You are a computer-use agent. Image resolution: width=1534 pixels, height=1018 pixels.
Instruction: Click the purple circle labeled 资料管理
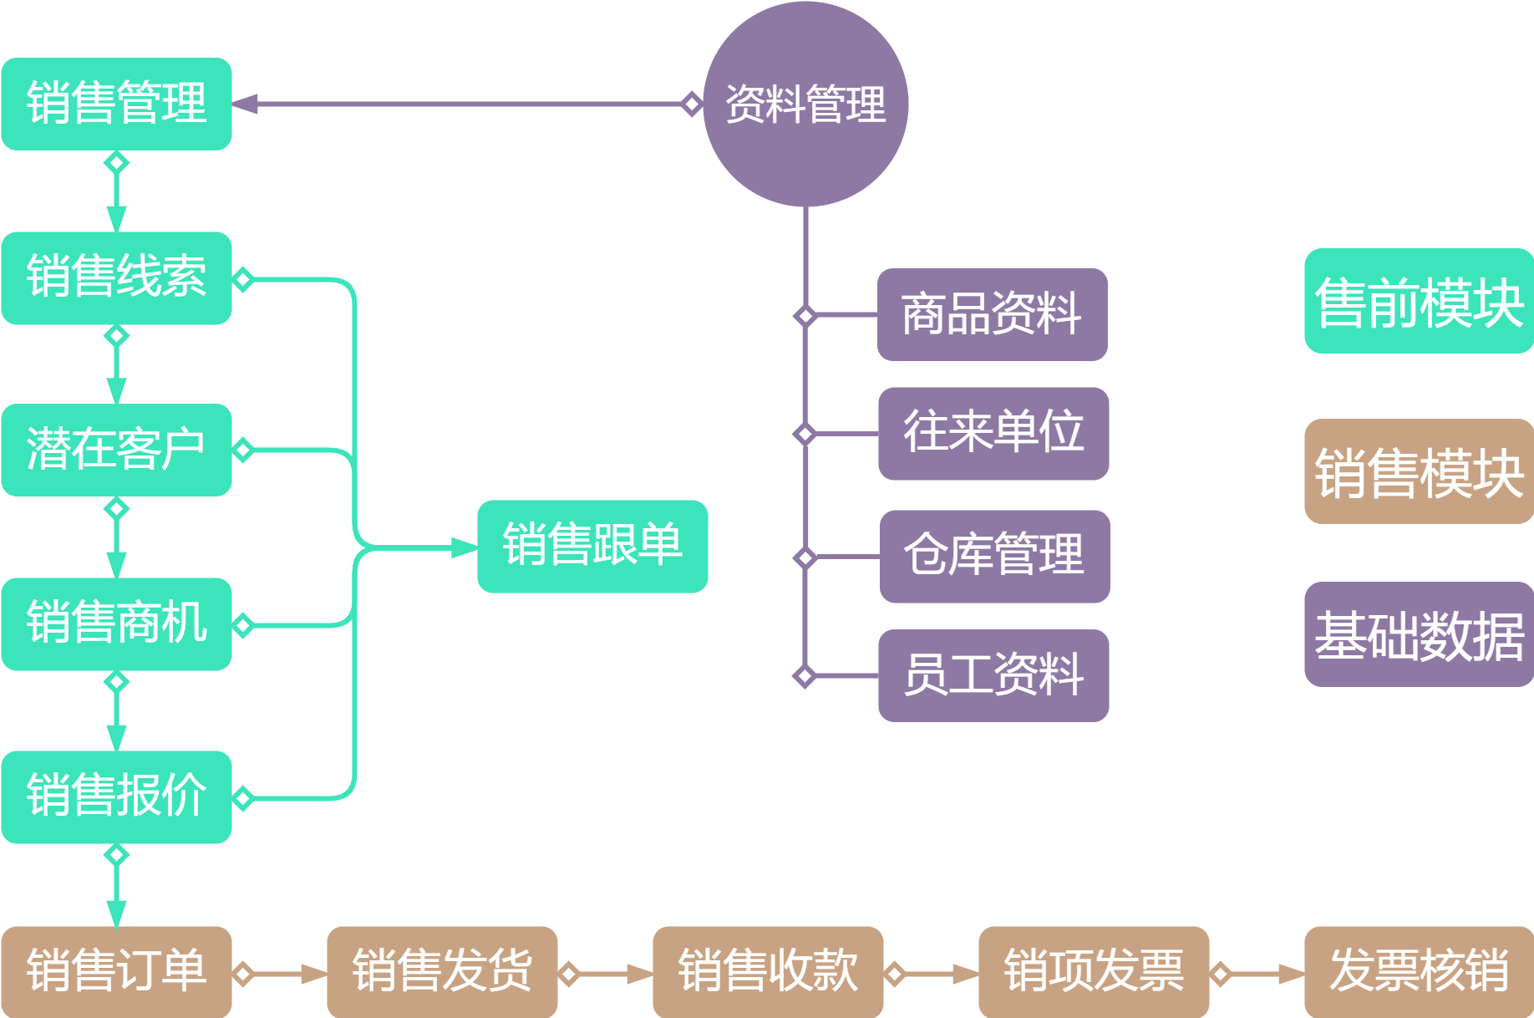click(x=805, y=104)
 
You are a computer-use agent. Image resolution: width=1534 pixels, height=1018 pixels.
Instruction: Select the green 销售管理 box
click(x=116, y=104)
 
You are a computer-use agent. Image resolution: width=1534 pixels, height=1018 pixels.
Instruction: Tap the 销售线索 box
click(x=116, y=277)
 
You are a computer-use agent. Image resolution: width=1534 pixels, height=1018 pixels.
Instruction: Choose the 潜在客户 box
click(x=116, y=450)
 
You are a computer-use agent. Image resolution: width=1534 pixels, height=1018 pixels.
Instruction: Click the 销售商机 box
click(x=116, y=624)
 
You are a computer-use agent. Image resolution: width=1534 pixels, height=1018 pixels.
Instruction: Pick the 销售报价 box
click(x=116, y=797)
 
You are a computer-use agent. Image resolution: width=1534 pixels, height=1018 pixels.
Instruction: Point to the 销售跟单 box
click(x=592, y=546)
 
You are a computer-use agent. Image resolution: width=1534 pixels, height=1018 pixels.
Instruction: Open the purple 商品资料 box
click(x=992, y=314)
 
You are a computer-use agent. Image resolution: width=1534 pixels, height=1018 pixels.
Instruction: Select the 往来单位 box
click(x=993, y=433)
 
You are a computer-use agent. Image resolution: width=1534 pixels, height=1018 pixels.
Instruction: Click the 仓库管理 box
click(x=994, y=556)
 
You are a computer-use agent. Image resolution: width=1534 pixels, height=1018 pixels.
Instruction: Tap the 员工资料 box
click(x=993, y=675)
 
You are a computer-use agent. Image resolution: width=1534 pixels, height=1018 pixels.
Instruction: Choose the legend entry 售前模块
click(x=1418, y=301)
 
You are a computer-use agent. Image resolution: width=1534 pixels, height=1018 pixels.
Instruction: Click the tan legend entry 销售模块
click(x=1418, y=471)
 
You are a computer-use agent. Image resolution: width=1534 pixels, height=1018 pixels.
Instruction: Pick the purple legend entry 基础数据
click(x=1418, y=634)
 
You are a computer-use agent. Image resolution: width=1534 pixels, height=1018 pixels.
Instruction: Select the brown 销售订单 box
click(x=116, y=971)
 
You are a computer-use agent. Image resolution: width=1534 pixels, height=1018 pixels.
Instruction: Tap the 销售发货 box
click(x=442, y=971)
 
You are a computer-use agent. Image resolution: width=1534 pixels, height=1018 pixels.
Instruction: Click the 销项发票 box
click(x=1094, y=971)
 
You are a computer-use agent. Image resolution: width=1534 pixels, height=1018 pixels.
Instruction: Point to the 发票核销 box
click(x=1418, y=971)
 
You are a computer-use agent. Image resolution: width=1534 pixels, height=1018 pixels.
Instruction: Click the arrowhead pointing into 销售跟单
click(x=465, y=547)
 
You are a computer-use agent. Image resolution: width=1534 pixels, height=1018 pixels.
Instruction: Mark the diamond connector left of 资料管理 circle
click(x=691, y=104)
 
